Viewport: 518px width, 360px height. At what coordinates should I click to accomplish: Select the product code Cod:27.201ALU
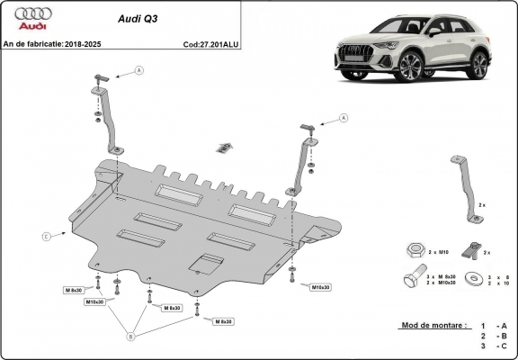[x=210, y=42]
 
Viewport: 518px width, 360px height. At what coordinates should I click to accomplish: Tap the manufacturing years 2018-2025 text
[x=83, y=42]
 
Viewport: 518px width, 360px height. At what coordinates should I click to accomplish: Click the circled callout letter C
[x=46, y=236]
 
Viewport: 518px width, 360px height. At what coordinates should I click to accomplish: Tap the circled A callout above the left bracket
[x=139, y=70]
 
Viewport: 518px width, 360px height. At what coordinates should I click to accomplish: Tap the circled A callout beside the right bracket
[x=344, y=118]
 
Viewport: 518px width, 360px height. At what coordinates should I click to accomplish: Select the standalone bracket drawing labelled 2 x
[x=464, y=186]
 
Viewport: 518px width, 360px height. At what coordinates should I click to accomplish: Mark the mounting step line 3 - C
[x=491, y=346]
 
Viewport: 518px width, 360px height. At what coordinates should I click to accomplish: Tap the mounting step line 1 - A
[x=491, y=325]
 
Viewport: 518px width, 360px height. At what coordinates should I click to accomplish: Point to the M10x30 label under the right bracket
[x=320, y=287]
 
